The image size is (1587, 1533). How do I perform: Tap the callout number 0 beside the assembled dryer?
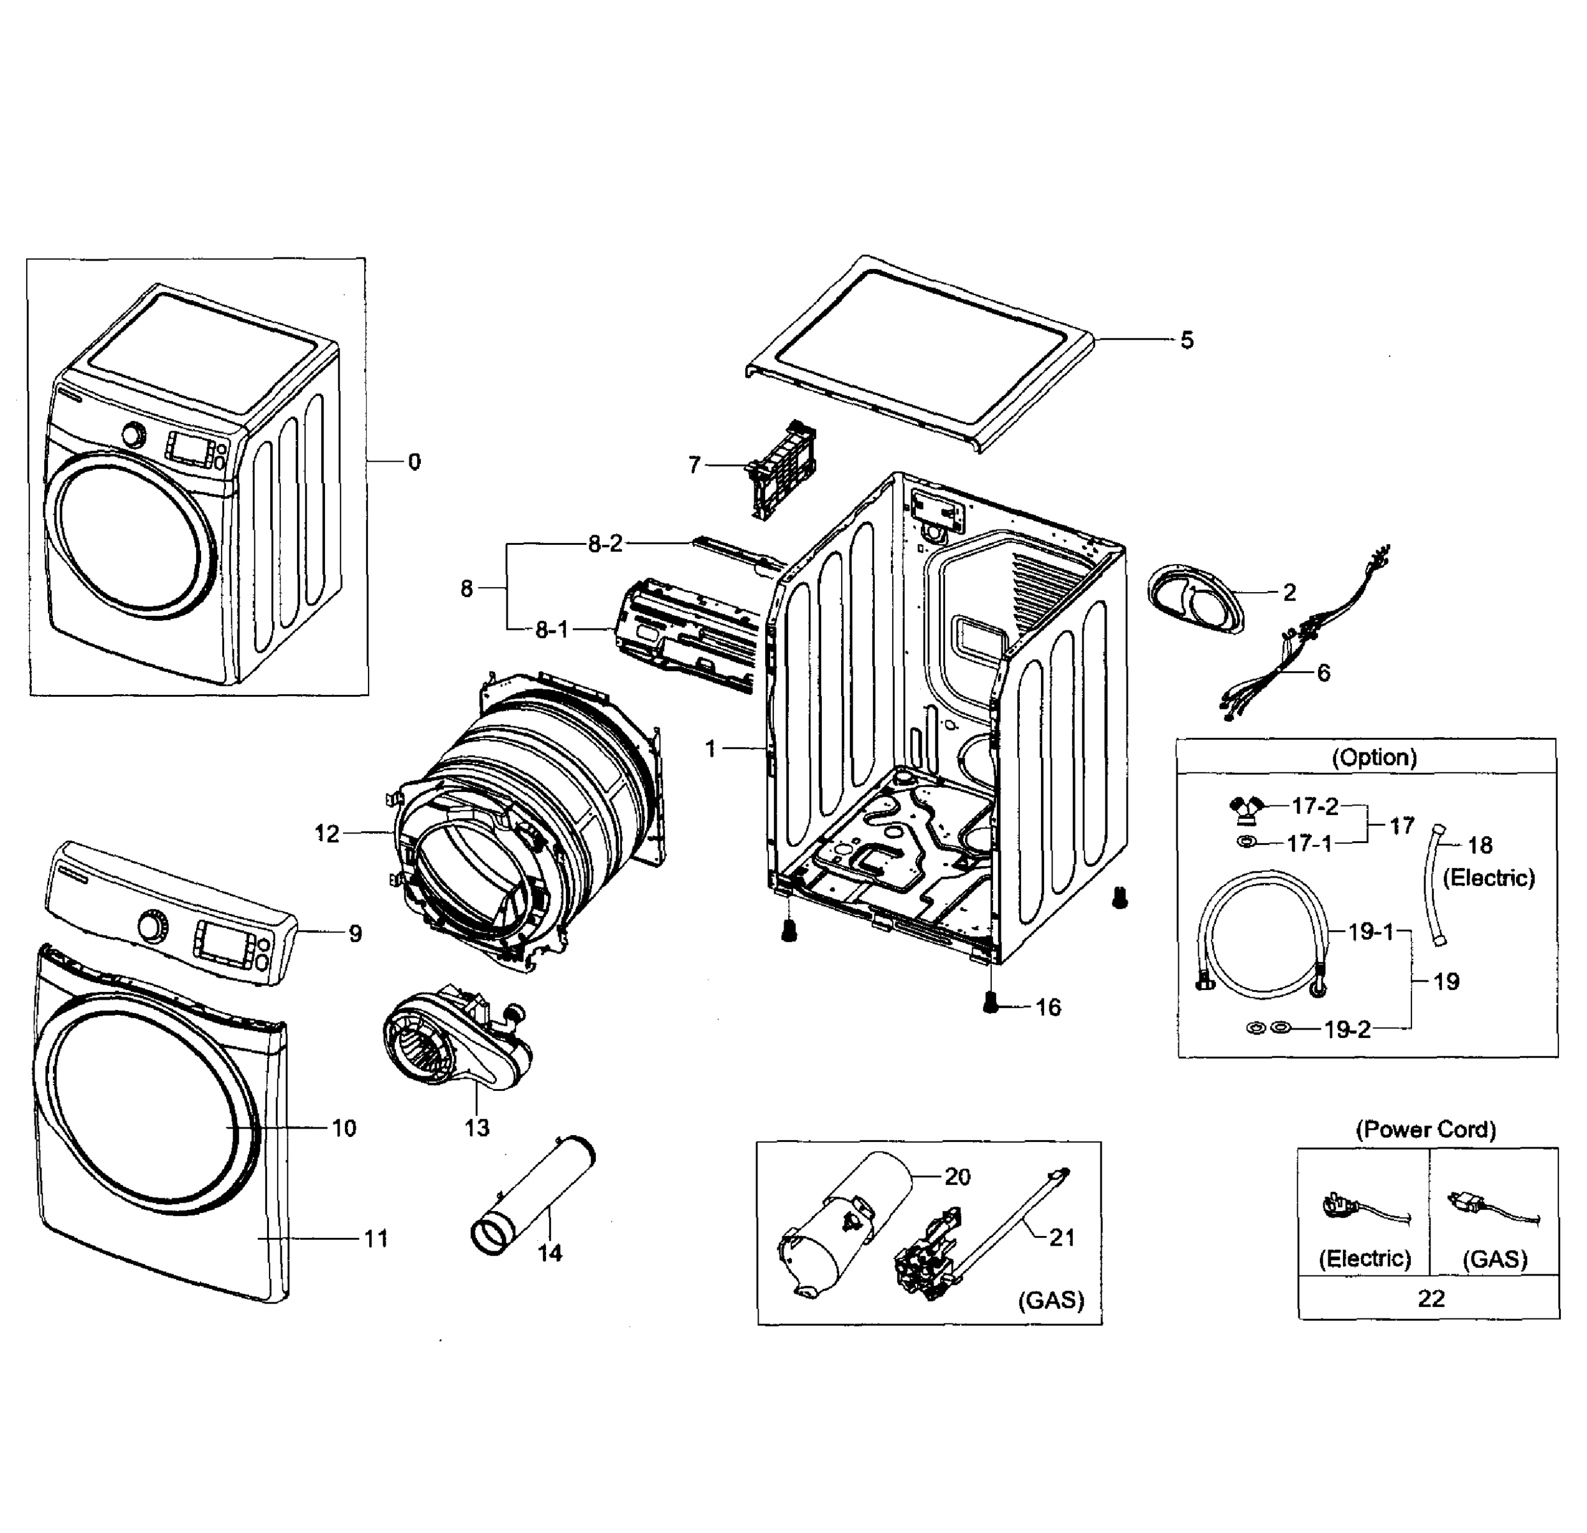pos(414,462)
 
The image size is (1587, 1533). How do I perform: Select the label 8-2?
pos(605,544)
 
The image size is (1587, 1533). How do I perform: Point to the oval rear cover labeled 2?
pos(1194,599)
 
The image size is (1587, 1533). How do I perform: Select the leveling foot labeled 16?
pos(989,1003)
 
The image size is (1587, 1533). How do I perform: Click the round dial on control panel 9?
pos(151,925)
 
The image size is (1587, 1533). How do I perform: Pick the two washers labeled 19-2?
pos(1268,1028)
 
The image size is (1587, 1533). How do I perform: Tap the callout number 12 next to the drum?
pos(326,834)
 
